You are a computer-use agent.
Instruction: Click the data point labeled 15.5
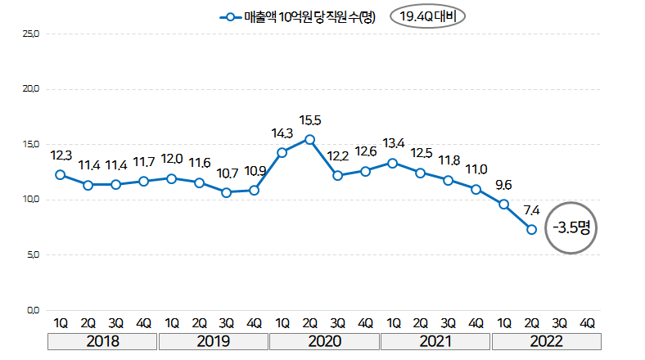309,139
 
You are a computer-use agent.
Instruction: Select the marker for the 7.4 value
531,230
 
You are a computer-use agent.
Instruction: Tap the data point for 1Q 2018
60,174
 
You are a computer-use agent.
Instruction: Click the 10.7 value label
226,173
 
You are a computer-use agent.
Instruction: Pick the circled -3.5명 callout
571,227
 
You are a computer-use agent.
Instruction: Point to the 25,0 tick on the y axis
32,34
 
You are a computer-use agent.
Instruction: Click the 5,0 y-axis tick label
32,254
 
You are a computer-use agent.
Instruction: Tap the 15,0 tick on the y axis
32,144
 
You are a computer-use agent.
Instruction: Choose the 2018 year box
102,341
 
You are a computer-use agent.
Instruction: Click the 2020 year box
324,341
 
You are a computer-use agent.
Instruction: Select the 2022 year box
545,341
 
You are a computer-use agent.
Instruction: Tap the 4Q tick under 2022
587,322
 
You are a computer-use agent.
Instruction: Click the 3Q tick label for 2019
227,322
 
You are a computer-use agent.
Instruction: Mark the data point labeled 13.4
393,163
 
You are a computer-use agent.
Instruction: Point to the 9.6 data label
503,184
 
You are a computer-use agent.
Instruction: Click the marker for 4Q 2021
476,190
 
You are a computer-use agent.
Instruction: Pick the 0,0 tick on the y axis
32,310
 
